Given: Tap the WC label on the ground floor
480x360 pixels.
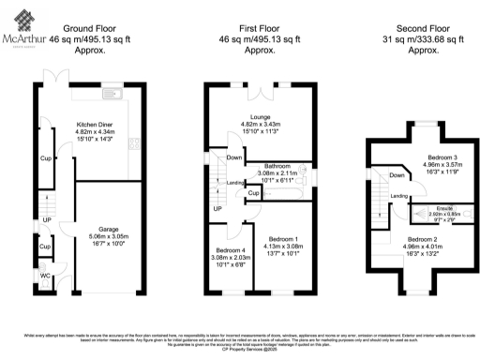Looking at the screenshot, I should pyautogui.click(x=44, y=277).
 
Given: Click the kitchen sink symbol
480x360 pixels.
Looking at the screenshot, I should pyautogui.click(x=111, y=93).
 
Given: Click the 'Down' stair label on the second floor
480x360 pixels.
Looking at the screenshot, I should pyautogui.click(x=397, y=175).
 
